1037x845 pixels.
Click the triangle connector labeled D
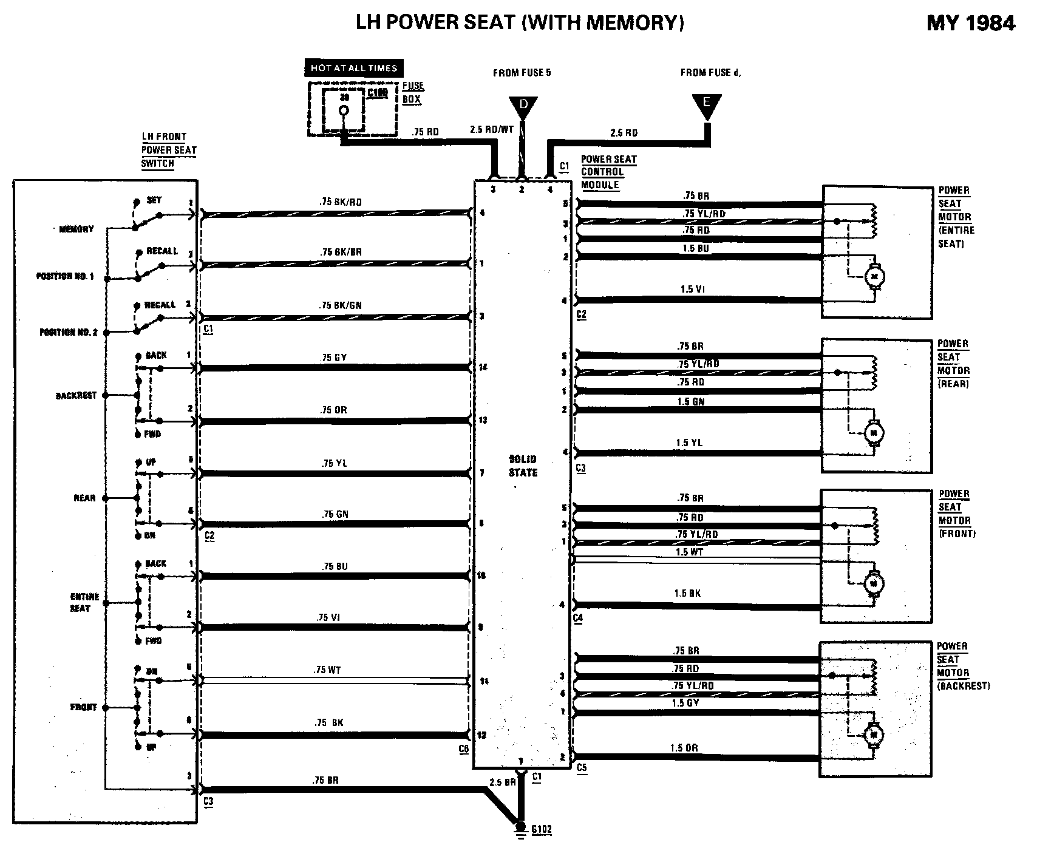click(524, 106)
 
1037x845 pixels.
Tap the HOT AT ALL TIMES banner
click(354, 68)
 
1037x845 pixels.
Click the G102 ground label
click(540, 829)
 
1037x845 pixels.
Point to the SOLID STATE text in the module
click(523, 466)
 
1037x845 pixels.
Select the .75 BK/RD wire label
click(340, 202)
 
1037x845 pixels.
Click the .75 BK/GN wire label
click(340, 305)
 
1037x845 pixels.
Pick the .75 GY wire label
click(334, 358)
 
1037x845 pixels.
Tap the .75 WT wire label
click(327, 670)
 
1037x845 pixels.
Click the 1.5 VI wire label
click(692, 289)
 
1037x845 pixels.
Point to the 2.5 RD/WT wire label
click(492, 129)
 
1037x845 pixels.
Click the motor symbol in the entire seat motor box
click(875, 277)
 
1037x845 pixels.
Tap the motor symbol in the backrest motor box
click(874, 735)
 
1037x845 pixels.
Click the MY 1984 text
click(970, 23)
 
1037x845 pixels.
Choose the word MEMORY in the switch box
click(76, 229)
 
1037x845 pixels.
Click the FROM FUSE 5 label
click(522, 73)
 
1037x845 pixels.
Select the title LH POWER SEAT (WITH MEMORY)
click(520, 22)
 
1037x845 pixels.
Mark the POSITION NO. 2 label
click(68, 332)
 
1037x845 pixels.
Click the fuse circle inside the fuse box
click(344, 110)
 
